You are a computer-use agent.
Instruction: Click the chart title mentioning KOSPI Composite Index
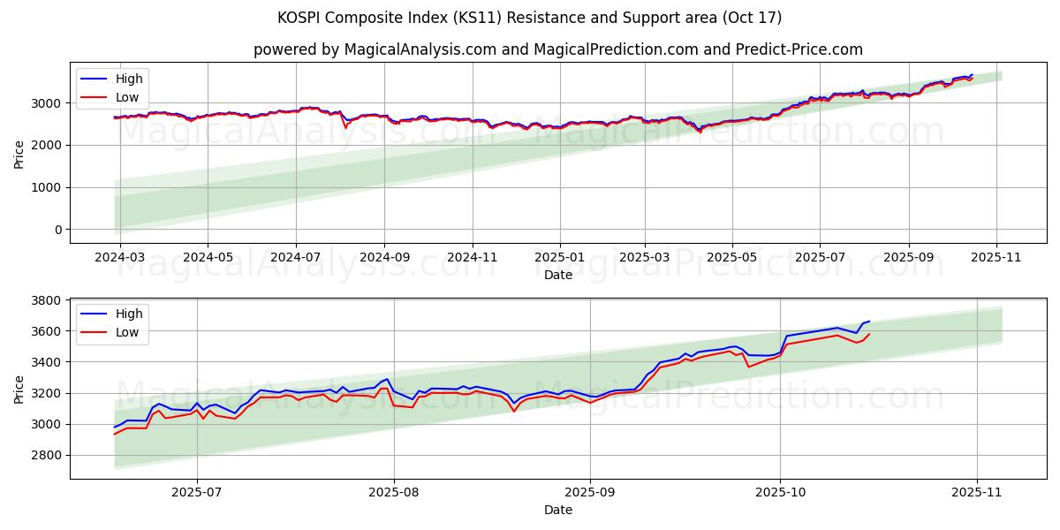pos(529,18)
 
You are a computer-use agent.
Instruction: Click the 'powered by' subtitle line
pos(557,49)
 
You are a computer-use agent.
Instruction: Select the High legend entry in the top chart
pos(128,79)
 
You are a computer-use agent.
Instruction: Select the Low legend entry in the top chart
pos(127,96)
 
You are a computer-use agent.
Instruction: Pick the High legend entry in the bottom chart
pos(128,314)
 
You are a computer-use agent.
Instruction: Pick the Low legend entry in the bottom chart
pos(127,332)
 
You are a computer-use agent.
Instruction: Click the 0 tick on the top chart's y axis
pos(57,230)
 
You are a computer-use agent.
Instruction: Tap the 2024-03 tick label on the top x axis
pos(119,257)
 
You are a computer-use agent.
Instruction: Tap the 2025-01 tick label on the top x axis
pos(559,257)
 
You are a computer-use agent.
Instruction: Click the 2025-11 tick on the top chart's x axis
pos(996,257)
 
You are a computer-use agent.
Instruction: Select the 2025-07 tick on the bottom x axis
pos(197,493)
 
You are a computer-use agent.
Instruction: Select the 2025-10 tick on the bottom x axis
pos(781,493)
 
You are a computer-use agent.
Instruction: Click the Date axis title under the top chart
pos(557,275)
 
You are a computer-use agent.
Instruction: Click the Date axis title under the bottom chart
pos(557,510)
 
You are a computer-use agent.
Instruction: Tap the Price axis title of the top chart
pos(19,153)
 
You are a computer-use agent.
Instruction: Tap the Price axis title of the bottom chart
pos(19,389)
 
